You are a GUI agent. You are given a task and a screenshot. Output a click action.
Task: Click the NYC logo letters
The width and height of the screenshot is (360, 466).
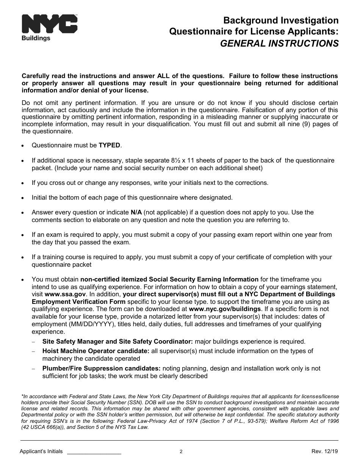pyautogui.click(x=50, y=25)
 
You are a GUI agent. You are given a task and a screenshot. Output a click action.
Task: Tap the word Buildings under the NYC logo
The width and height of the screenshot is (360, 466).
pyautogui.click(x=36, y=38)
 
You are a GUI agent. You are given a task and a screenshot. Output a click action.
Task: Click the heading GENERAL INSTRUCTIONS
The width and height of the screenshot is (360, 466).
pyautogui.click(x=279, y=44)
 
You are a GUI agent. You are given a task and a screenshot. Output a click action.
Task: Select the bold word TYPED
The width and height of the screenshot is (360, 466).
pyautogui.click(x=110, y=145)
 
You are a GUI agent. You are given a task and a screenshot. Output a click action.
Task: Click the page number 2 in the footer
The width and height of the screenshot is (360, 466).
pyautogui.click(x=181, y=452)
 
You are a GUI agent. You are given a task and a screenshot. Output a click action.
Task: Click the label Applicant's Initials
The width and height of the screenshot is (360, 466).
pyautogui.click(x=41, y=452)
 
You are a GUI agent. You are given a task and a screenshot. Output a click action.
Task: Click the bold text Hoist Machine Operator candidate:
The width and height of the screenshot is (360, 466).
pyautogui.click(x=95, y=351)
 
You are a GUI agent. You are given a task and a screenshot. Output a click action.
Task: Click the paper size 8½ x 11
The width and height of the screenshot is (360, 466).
pyautogui.click(x=209, y=160)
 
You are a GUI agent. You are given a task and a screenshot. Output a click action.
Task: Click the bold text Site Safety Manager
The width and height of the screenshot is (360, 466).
pyautogui.click(x=72, y=341)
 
